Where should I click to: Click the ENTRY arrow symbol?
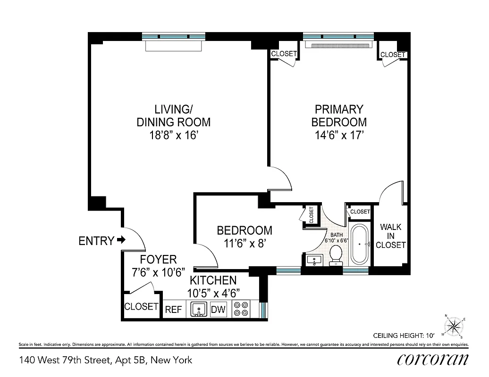point(121,240)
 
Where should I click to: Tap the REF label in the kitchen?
point(173,310)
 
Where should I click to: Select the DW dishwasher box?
point(219,310)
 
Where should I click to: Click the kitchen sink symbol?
point(199,310)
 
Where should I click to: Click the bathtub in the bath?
point(361,245)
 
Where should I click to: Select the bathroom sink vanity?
point(314,259)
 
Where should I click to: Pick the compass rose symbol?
point(454,326)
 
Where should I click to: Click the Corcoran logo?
point(433,360)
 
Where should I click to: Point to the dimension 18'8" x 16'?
point(173,135)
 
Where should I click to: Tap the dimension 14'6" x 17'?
point(339,135)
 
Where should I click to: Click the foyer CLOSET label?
point(141,306)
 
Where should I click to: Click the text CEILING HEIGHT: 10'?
point(404,336)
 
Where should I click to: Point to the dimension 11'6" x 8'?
point(244,244)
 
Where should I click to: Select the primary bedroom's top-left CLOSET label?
point(284,54)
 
